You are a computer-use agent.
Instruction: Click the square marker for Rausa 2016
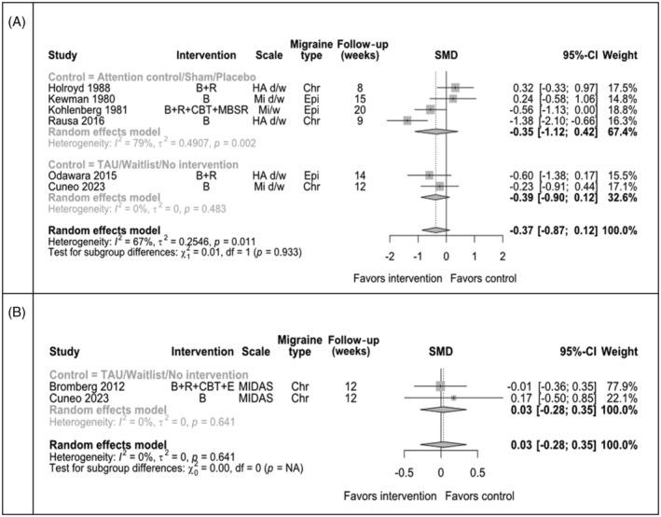[407, 120]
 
